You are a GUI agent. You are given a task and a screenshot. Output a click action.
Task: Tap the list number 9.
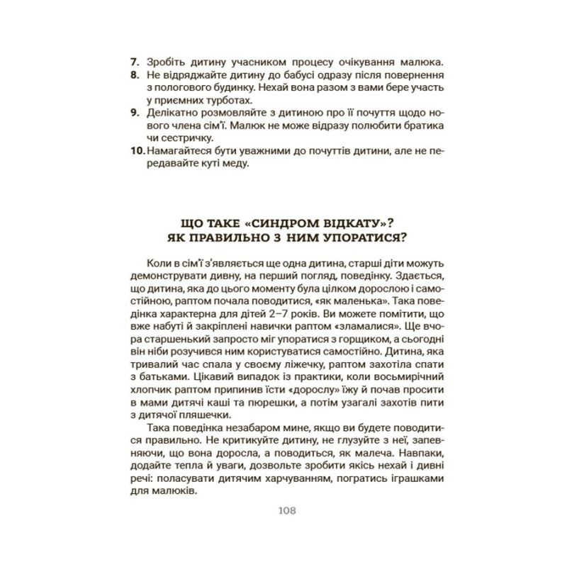click(135, 112)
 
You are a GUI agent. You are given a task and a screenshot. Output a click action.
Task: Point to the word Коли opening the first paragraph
click(158, 262)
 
